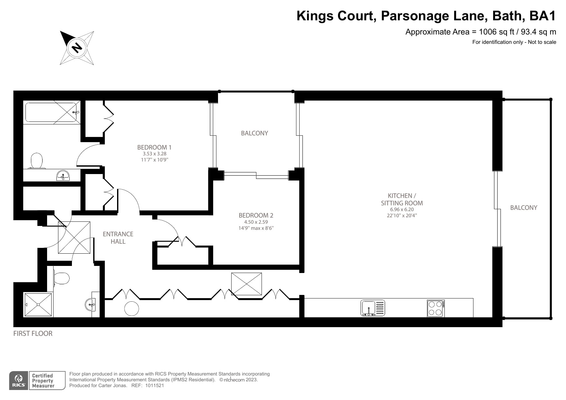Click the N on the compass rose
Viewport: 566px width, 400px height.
pos(77,48)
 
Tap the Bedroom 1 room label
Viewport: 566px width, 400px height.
pos(154,147)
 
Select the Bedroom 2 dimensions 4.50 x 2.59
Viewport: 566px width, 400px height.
pos(256,222)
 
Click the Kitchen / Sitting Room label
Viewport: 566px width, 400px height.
pos(402,199)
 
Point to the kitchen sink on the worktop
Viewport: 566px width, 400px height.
pos(372,308)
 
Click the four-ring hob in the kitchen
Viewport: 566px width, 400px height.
pos(436,308)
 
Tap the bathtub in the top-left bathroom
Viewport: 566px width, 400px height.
pos(52,112)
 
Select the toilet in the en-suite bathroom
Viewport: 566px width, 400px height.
pos(37,161)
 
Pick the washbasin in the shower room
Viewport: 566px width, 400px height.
pos(91,304)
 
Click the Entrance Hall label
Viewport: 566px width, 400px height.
pos(118,238)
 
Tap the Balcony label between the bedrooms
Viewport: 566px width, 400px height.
pos(254,133)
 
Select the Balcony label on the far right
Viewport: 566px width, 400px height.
pos(523,208)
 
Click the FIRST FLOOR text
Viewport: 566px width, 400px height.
pos(33,334)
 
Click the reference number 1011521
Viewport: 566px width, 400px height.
pos(155,385)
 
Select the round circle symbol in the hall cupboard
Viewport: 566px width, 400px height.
pos(132,308)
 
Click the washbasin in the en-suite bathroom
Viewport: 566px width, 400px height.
pos(63,176)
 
